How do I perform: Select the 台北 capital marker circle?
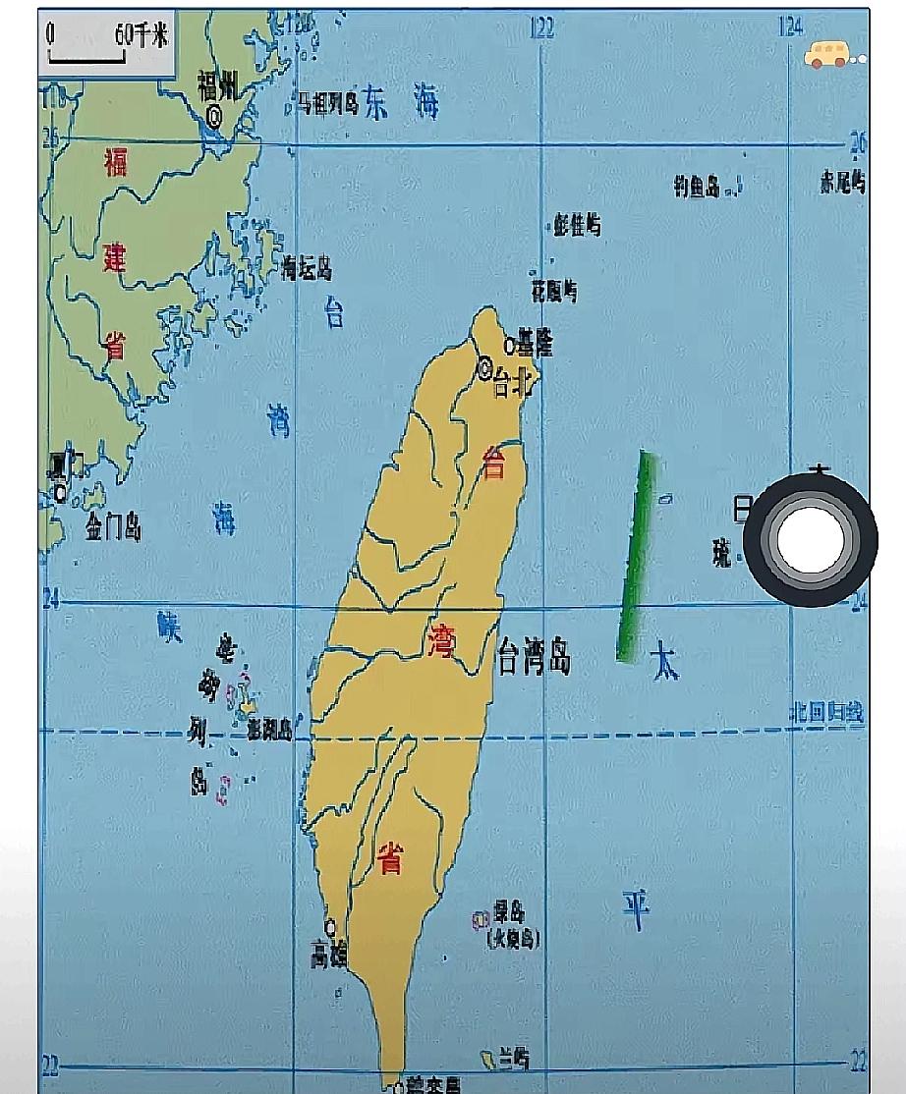point(484,369)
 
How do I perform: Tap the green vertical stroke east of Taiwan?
point(635,556)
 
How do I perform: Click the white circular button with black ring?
point(809,539)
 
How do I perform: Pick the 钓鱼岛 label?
point(697,188)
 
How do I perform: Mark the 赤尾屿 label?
point(842,183)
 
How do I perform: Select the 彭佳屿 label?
point(577,226)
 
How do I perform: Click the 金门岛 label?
point(112,527)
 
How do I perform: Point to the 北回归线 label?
point(828,714)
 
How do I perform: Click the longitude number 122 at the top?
point(541,27)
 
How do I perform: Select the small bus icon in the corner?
point(827,55)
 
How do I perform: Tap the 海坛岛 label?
point(307,267)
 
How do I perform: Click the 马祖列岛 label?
point(329,103)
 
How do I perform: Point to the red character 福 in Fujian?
point(116,162)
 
